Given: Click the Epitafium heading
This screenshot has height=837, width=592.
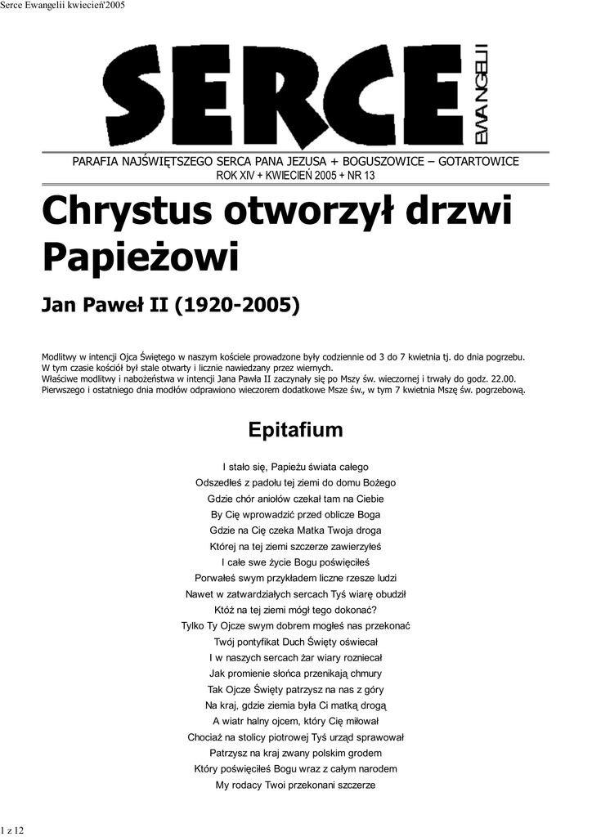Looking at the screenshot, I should [295, 430].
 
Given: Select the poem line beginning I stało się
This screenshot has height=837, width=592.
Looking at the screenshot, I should [295, 468].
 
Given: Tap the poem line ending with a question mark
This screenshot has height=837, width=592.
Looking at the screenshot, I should [295, 610].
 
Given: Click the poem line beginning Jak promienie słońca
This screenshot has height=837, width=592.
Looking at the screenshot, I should [295, 674].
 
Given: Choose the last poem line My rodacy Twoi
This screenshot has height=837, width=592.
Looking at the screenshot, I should [295, 785].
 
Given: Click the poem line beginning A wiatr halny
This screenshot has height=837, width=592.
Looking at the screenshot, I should [295, 721].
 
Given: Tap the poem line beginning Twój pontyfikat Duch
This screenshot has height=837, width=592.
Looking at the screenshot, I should [295, 642].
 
